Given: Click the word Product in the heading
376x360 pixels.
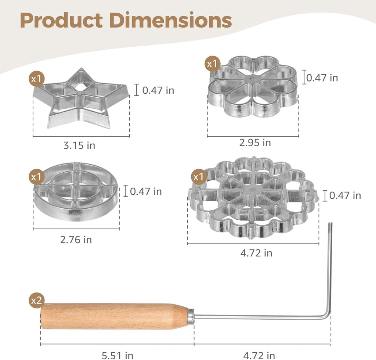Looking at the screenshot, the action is pos(62,20).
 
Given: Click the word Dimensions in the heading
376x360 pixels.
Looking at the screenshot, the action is pos(170,20).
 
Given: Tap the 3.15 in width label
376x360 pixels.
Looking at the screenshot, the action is pos(79,145).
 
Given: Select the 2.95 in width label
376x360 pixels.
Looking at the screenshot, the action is pos(255,143).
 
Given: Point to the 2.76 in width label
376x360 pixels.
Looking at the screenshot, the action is pos(76,240).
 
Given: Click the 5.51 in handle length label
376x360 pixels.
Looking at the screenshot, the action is pos(117,356).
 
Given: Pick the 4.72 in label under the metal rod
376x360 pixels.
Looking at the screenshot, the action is pos(259,356).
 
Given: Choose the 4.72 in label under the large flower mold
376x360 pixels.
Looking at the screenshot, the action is pos(256,253).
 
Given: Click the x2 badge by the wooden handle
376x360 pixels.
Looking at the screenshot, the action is pos(36,300).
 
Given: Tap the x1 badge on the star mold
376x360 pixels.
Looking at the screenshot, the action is pos(36,79).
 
